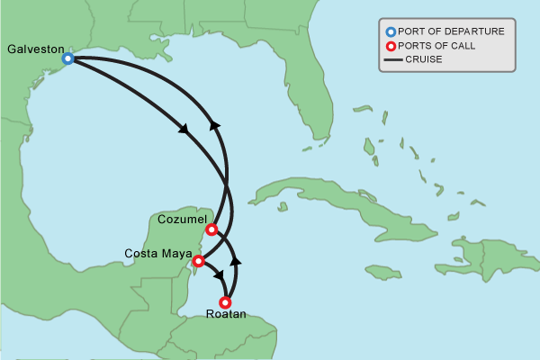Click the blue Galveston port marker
pos(67,58)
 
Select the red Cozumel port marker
pos(211,229)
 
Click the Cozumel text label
pos(182,220)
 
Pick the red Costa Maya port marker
pos(199,261)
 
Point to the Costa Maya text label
pos(157,252)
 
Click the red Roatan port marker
pos(225,302)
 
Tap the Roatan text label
pos(225,316)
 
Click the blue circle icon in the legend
pos(391,31)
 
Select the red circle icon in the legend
pos(391,46)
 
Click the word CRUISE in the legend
pos(424,60)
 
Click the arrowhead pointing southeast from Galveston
pos(184,130)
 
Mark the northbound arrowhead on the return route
pos(215,127)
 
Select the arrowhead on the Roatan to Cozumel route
pos(237,261)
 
